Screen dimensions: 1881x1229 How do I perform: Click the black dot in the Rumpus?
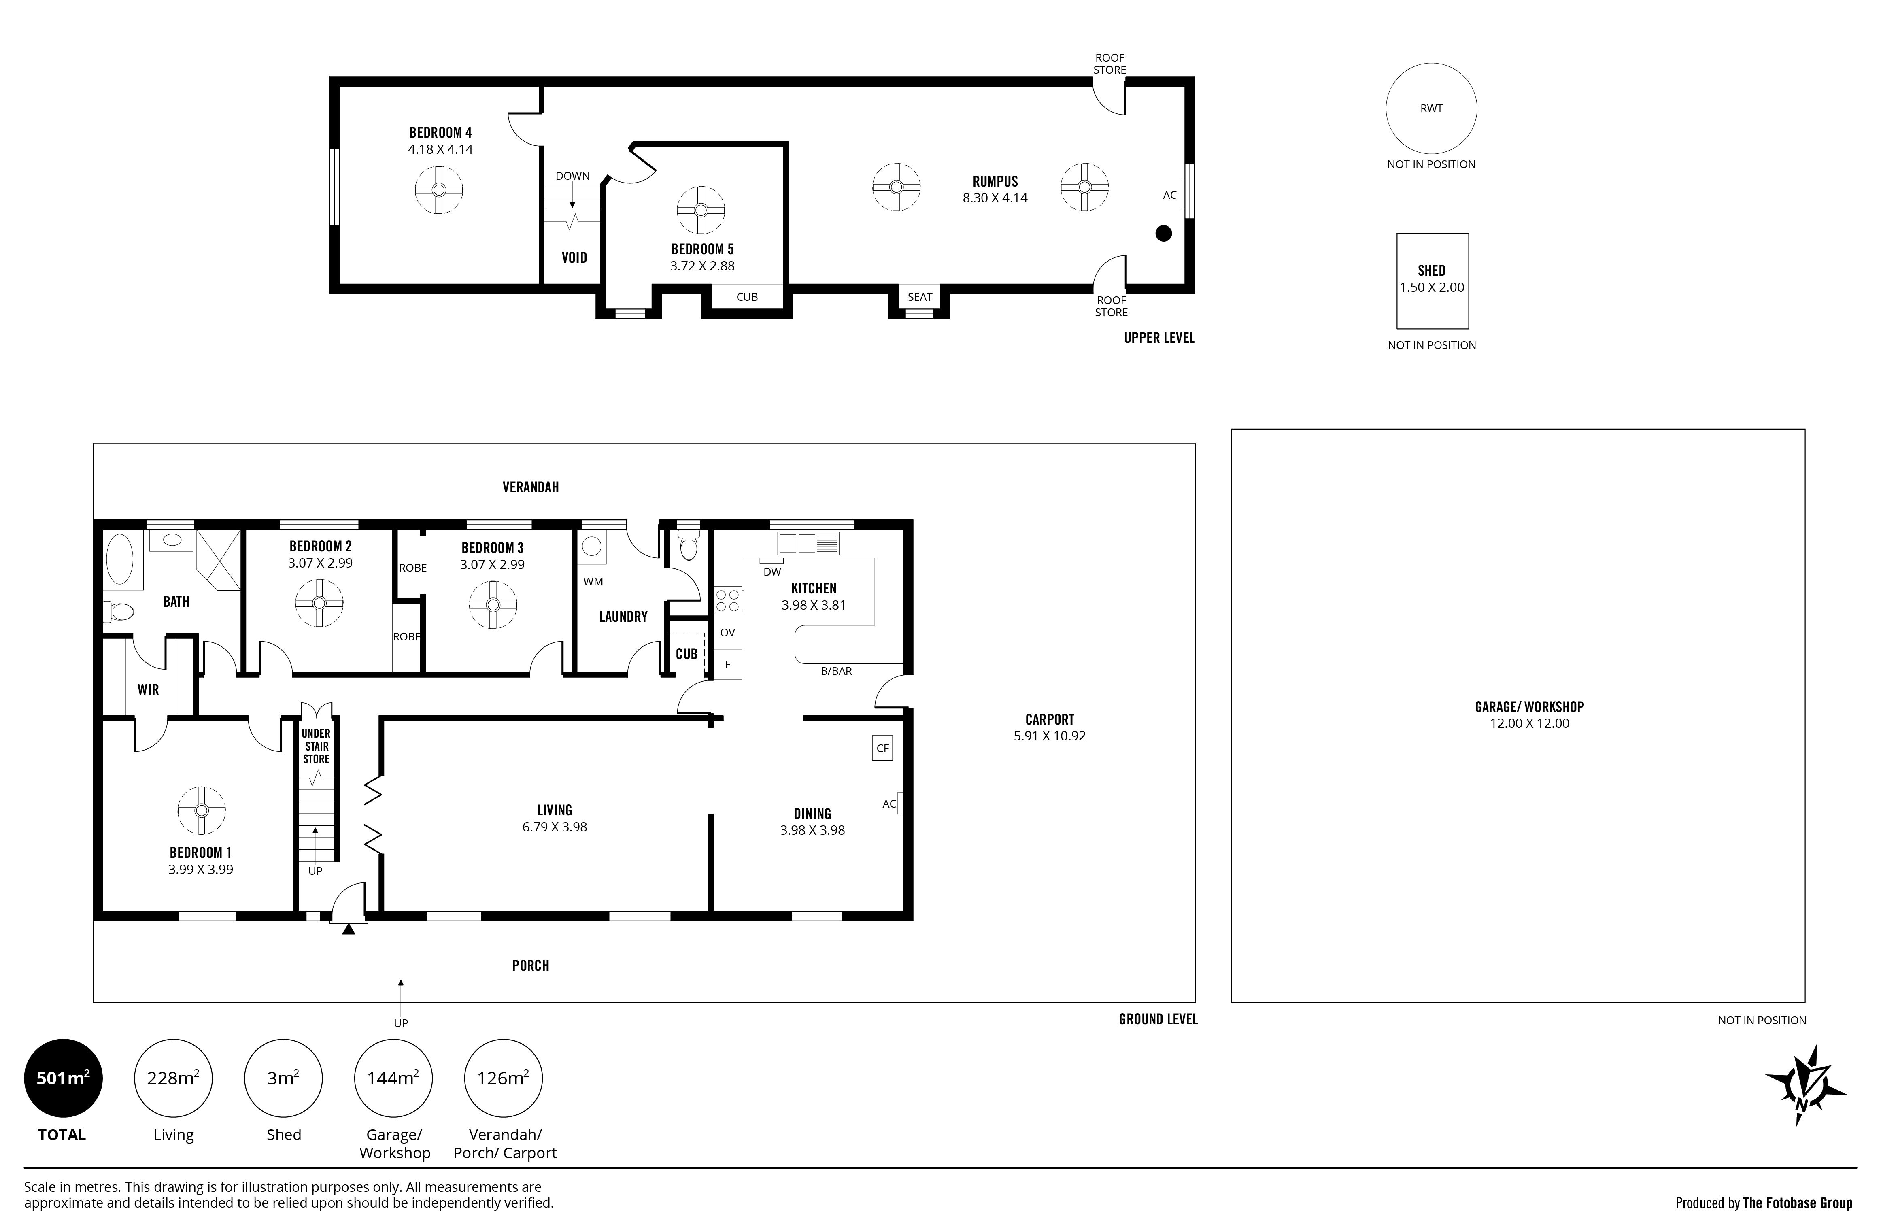pyautogui.click(x=1163, y=233)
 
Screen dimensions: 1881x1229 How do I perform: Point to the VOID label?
pyautogui.click(x=574, y=257)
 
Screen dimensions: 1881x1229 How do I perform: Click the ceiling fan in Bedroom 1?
pyautogui.click(x=202, y=810)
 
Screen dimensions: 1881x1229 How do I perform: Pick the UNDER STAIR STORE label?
pyautogui.click(x=316, y=746)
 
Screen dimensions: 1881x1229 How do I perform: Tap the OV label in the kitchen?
pyautogui.click(x=727, y=632)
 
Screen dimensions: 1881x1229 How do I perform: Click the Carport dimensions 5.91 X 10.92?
pyautogui.click(x=1050, y=736)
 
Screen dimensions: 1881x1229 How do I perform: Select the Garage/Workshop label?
pyautogui.click(x=1529, y=706)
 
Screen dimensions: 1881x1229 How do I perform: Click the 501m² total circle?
pyautogui.click(x=63, y=1077)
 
